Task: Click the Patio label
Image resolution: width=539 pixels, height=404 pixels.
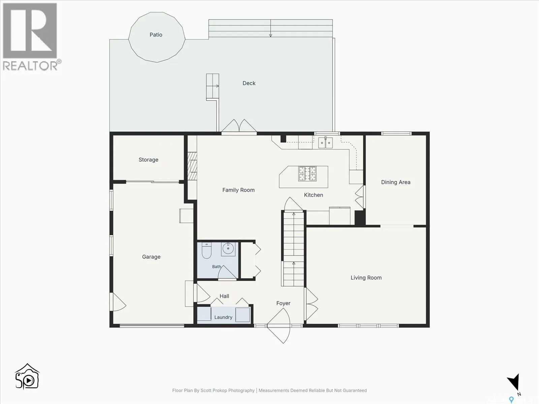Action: pyautogui.click(x=156, y=35)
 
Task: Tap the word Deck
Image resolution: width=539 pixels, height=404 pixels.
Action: pyautogui.click(x=249, y=83)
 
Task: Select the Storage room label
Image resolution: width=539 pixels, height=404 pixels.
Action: pyautogui.click(x=149, y=160)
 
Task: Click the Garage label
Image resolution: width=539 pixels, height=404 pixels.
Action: pyautogui.click(x=151, y=257)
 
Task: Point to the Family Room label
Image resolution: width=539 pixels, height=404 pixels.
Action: pyautogui.click(x=239, y=190)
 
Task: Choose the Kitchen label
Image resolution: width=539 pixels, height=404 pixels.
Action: pyautogui.click(x=314, y=195)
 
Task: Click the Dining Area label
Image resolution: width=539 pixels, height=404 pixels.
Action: pyautogui.click(x=396, y=182)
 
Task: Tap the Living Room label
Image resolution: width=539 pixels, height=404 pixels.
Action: pyautogui.click(x=366, y=278)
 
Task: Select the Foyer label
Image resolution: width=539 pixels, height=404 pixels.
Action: pyautogui.click(x=283, y=303)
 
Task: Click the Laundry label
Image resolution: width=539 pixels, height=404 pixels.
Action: pyautogui.click(x=223, y=317)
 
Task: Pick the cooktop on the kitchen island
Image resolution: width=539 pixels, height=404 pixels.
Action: pyautogui.click(x=307, y=174)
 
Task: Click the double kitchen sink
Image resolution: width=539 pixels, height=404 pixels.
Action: pyautogui.click(x=325, y=142)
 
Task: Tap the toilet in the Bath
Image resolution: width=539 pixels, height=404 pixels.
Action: pyautogui.click(x=207, y=250)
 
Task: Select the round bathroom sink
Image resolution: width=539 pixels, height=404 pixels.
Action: pyautogui.click(x=228, y=249)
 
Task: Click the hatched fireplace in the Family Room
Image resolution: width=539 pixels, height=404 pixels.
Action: pyautogui.click(x=192, y=166)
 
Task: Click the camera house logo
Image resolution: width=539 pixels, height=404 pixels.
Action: pyautogui.click(x=27, y=376)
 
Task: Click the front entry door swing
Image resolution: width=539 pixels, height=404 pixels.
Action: pyautogui.click(x=279, y=326)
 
